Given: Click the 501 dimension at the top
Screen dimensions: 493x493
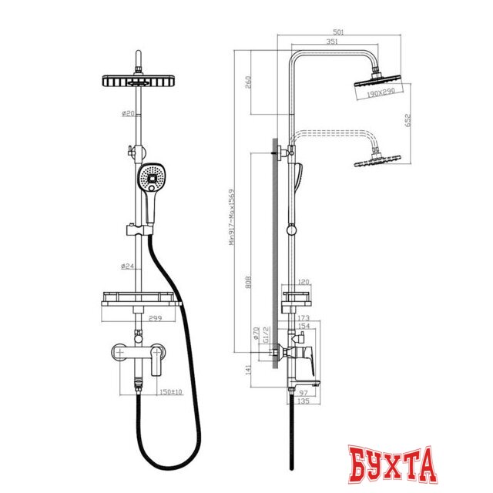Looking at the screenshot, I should pyautogui.click(x=337, y=32).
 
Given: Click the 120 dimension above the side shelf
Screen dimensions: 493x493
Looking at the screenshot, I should pyautogui.click(x=304, y=283).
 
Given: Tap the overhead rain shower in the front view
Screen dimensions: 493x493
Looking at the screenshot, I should pyautogui.click(x=139, y=81).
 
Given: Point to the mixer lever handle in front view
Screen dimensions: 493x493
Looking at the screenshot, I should pyautogui.click(x=158, y=359).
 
